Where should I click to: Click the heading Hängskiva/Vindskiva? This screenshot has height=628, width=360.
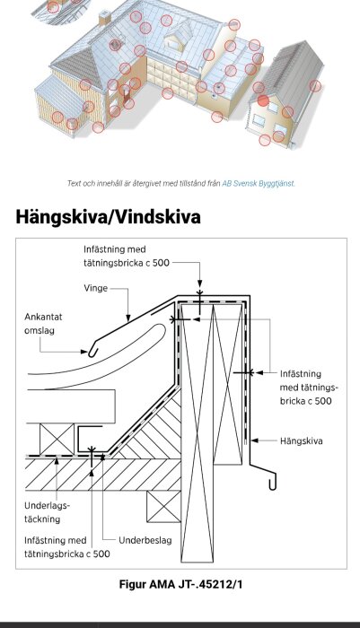[x=109, y=217]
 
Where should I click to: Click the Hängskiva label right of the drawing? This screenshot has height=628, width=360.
[x=301, y=440]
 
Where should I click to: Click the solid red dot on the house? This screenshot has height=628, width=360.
[x=263, y=100]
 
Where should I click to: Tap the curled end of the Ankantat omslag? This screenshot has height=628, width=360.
[x=92, y=351]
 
